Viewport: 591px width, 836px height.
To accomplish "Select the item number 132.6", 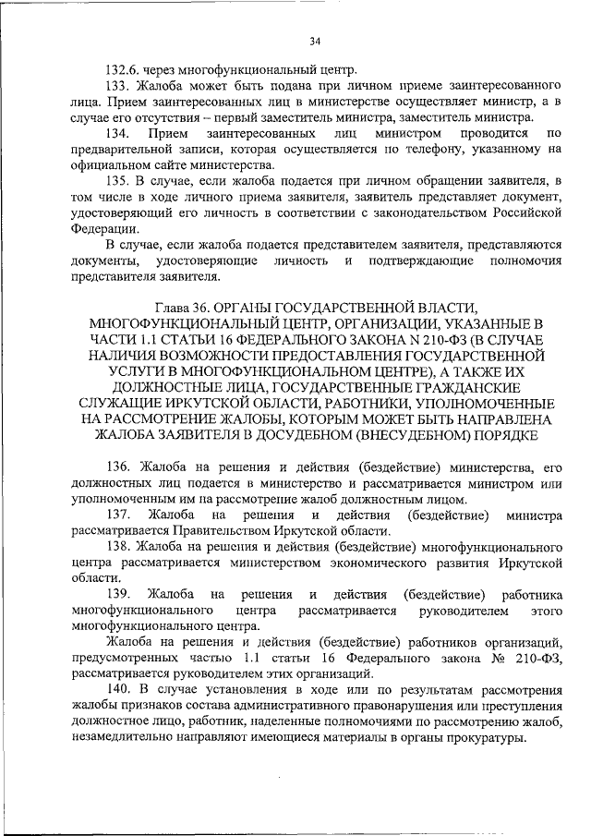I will tap(122, 69).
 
